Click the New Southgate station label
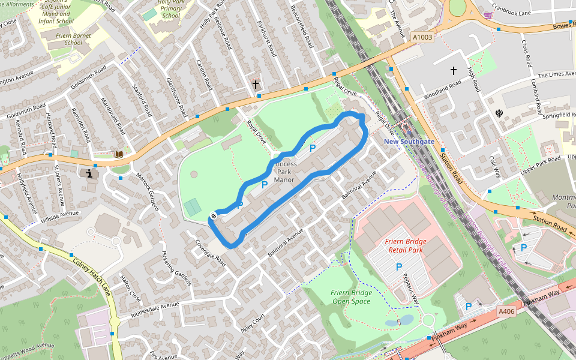coord(409,141)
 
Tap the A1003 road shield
coord(422,37)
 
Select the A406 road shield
coord(506,311)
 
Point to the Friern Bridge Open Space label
coord(351,296)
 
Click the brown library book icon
coord(119,154)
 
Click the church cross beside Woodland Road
coord(454,71)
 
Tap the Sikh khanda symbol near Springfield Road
coord(499,112)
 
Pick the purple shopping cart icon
coord(488,15)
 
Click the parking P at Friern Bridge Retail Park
coord(398,266)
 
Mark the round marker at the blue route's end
coord(213,215)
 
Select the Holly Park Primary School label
coord(170,9)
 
